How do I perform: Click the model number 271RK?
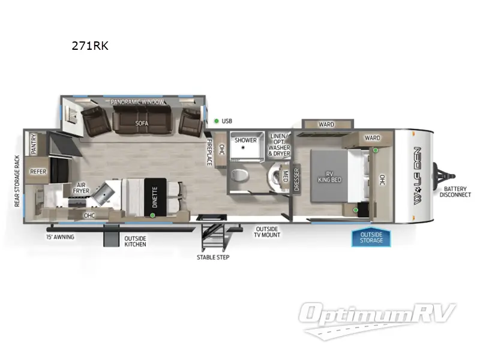[x=89, y=46]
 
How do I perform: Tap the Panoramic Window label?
[x=137, y=102]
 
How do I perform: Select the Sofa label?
[x=142, y=123]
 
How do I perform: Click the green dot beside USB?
[x=216, y=121]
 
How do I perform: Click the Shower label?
[x=245, y=140]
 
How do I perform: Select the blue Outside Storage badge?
[x=371, y=238]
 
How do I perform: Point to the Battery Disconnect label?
[x=455, y=191]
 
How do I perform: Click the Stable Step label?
[x=213, y=257]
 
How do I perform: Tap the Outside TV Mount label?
[x=268, y=232]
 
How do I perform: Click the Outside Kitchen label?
[x=135, y=242]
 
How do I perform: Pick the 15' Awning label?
[x=61, y=237]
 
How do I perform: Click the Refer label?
[x=38, y=172]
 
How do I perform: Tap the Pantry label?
[x=34, y=144]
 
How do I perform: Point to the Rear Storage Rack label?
[x=17, y=181]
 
